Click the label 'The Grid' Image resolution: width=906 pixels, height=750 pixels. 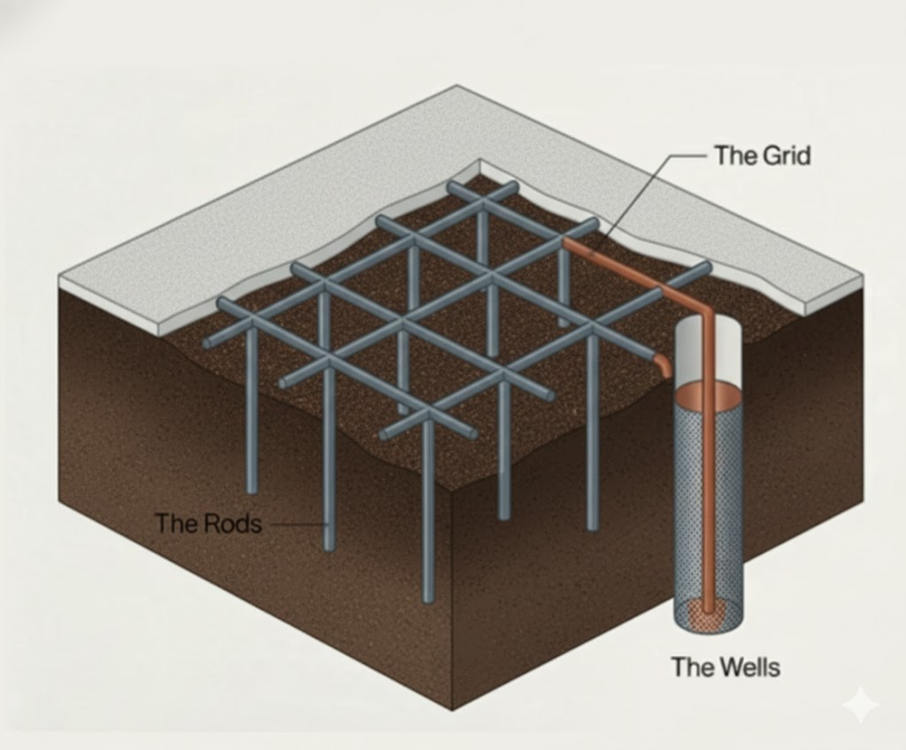[762, 156]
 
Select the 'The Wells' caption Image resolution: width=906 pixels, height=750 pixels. [726, 666]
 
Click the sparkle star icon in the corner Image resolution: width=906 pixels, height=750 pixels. [860, 705]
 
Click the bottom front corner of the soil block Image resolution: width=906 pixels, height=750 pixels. [452, 708]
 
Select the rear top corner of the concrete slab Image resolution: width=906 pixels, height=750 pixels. [457, 87]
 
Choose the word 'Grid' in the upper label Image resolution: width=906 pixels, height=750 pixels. [786, 156]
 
